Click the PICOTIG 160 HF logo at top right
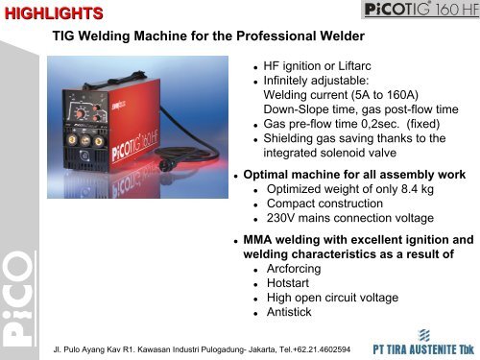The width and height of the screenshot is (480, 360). click(416, 12)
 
